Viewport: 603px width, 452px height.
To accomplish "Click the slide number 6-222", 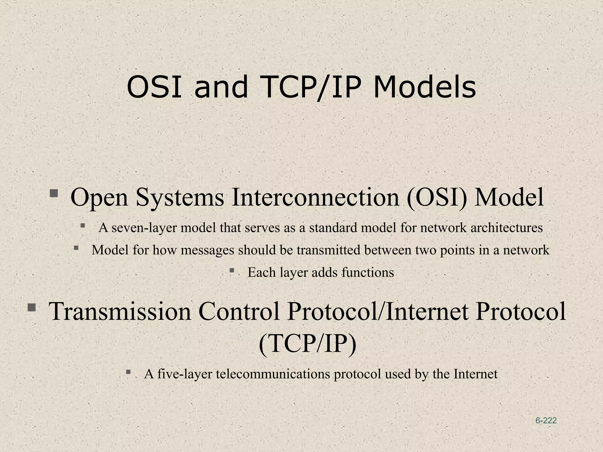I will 546,421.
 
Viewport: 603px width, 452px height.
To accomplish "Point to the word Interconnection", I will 315,197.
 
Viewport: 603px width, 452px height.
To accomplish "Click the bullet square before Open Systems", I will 54,193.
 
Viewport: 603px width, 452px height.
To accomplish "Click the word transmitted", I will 328,250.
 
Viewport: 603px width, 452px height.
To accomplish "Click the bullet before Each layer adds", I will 232,270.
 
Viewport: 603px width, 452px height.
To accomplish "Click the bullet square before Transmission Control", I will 32,308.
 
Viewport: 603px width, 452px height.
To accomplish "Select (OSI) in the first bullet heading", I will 437,197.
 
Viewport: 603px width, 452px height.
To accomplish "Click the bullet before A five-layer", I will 128,372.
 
